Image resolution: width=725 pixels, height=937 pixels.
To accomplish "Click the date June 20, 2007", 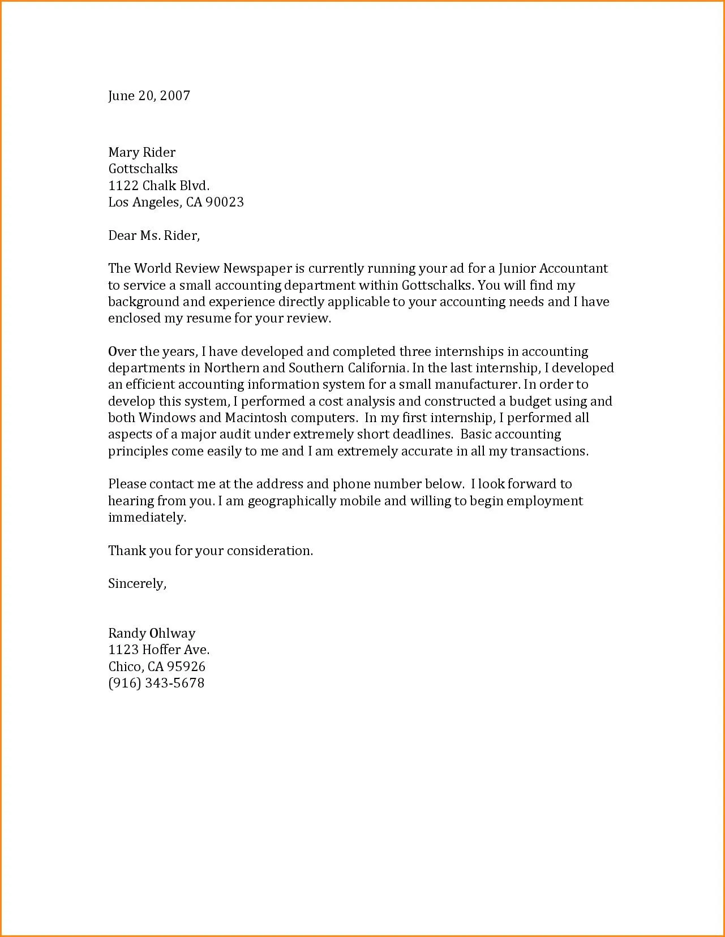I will pyautogui.click(x=149, y=96).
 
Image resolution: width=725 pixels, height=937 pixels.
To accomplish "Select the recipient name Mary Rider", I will pyautogui.click(x=141, y=152).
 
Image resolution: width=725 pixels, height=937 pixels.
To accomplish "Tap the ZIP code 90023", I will pyautogui.click(x=224, y=202).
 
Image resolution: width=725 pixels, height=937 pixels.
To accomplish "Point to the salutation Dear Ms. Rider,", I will pyautogui.click(x=154, y=235).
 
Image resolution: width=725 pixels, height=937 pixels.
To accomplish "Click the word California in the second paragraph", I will pyautogui.click(x=377, y=368).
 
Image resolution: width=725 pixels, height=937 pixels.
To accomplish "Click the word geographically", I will pyautogui.click(x=292, y=501).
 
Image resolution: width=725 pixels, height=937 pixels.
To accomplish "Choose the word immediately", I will pyautogui.click(x=147, y=518).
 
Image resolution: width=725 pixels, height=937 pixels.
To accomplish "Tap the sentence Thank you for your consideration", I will pyautogui.click(x=211, y=551).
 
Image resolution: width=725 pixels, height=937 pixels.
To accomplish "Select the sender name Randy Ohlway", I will pyautogui.click(x=152, y=633).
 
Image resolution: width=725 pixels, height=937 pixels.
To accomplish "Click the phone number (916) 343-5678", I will pyautogui.click(x=156, y=683).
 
